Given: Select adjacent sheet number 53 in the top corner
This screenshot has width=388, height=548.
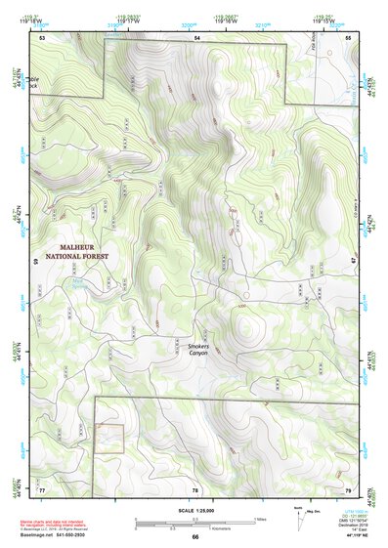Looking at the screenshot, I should click(43, 36).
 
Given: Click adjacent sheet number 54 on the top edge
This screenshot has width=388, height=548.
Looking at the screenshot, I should click(196, 36).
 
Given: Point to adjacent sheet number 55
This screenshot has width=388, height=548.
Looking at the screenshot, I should click(349, 36).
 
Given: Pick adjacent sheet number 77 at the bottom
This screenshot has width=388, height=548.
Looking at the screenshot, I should click(43, 488).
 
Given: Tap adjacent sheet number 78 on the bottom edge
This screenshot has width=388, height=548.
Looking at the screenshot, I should click(195, 488).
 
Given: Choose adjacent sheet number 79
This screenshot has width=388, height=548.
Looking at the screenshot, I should click(348, 488).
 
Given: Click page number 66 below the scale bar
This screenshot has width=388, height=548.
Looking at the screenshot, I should click(195, 536).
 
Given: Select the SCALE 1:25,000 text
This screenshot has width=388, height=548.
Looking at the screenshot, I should click(195, 511).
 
